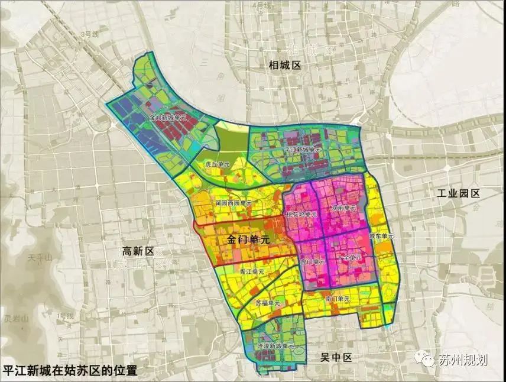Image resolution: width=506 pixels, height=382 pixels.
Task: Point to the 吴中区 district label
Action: [x=336, y=357]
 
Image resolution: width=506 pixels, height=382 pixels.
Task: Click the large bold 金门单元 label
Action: [x=248, y=240]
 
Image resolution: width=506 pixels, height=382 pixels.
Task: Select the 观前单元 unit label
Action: [x=344, y=208]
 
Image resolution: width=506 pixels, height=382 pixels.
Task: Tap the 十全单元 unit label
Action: [x=349, y=258]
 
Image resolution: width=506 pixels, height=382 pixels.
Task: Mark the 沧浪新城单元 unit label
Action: [x=277, y=346]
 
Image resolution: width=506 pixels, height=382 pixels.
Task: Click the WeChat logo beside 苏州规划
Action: [x=424, y=359]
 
